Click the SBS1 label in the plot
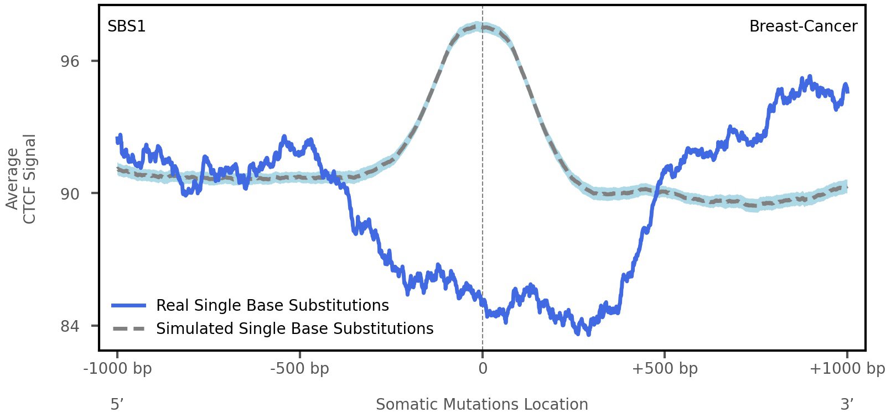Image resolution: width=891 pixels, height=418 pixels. coord(127,27)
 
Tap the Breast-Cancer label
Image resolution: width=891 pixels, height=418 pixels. coord(803,27)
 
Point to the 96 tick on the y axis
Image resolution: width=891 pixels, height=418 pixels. coord(70,61)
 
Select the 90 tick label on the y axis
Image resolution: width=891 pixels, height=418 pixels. coord(70,194)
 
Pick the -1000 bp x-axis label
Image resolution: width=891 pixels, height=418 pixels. coord(117,369)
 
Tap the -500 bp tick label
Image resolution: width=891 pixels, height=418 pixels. coord(299,369)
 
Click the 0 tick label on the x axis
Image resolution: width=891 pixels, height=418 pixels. coord(483,369)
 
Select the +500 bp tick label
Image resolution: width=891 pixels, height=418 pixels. coord(665,369)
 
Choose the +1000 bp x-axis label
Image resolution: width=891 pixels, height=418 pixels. coord(847,369)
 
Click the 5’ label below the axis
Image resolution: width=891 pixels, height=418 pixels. coord(117,405)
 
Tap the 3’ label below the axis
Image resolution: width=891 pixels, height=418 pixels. coord(847,405)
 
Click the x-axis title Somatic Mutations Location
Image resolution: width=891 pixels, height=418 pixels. coord(482,405)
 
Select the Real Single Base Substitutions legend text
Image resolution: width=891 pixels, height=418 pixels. coord(272,306)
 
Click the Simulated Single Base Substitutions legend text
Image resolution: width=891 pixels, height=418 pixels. coord(294,329)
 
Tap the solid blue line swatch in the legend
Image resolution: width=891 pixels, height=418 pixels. coord(128,306)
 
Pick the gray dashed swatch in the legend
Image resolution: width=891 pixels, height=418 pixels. coord(128,329)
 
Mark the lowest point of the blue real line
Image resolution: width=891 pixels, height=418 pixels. coord(588,333)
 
